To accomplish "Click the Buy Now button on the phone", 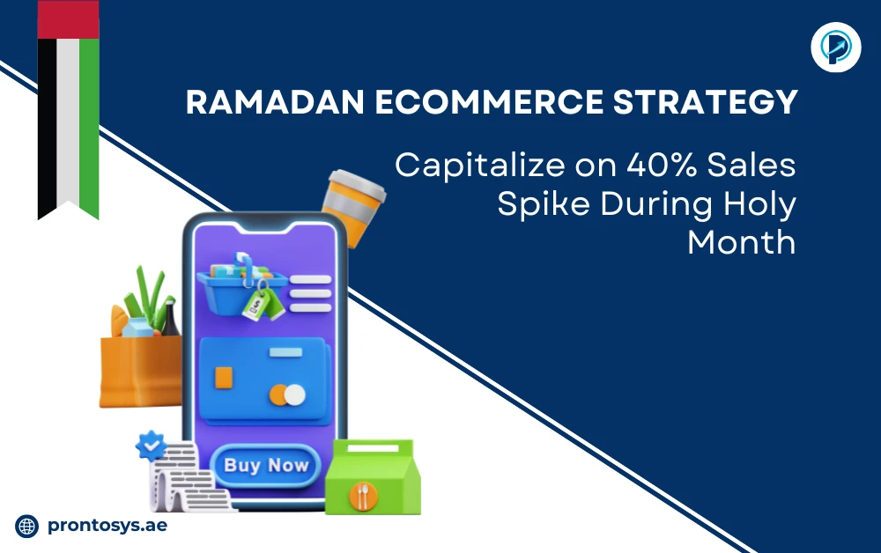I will pyautogui.click(x=265, y=466).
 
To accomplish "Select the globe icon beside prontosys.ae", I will pyautogui.click(x=27, y=526).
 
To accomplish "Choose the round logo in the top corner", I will pyautogui.click(x=834, y=46).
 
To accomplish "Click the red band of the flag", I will pyautogui.click(x=68, y=19).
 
